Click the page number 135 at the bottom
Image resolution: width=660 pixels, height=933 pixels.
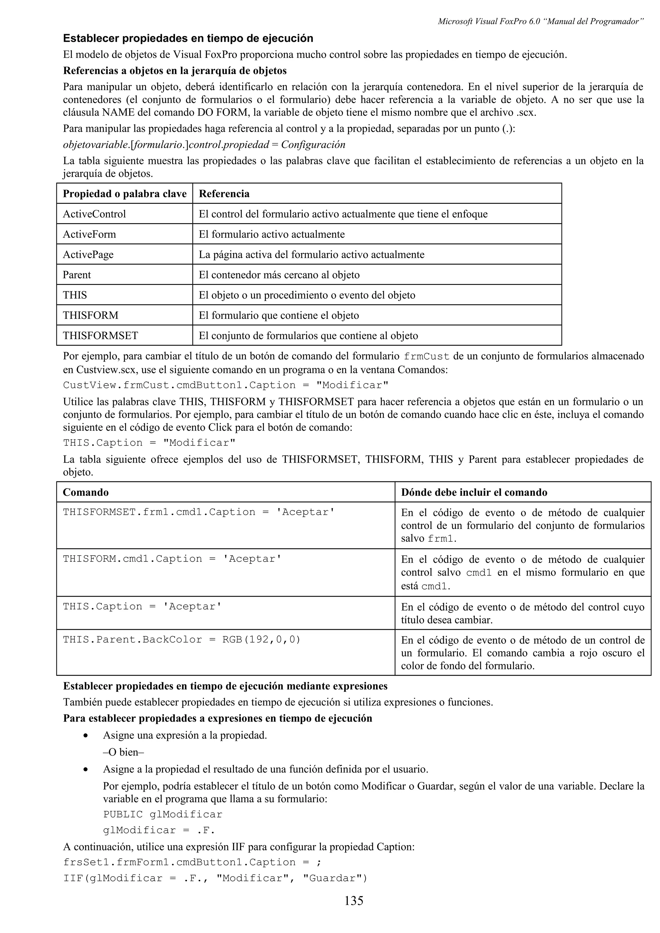point(354,901)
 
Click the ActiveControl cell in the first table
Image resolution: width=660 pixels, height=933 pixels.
point(94,214)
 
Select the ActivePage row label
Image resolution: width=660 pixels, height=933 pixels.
point(88,254)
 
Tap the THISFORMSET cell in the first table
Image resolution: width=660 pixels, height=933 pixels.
point(101,336)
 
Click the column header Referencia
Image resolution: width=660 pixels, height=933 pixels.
point(224,193)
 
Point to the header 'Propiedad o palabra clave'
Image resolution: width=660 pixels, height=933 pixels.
point(124,193)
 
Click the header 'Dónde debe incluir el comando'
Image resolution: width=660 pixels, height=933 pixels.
point(474,492)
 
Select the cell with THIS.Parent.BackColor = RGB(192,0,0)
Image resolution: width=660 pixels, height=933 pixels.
point(181,640)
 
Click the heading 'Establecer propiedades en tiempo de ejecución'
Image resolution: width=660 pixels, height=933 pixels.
point(188,38)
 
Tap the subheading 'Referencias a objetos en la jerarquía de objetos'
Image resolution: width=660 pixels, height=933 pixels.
point(175,71)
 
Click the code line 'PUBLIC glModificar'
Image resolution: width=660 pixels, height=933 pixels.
point(163,814)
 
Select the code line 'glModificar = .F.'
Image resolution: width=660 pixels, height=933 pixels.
point(159,830)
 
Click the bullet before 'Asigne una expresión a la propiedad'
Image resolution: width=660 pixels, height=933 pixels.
point(85,736)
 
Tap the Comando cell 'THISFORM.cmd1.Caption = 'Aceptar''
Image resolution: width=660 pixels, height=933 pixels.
point(172,559)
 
